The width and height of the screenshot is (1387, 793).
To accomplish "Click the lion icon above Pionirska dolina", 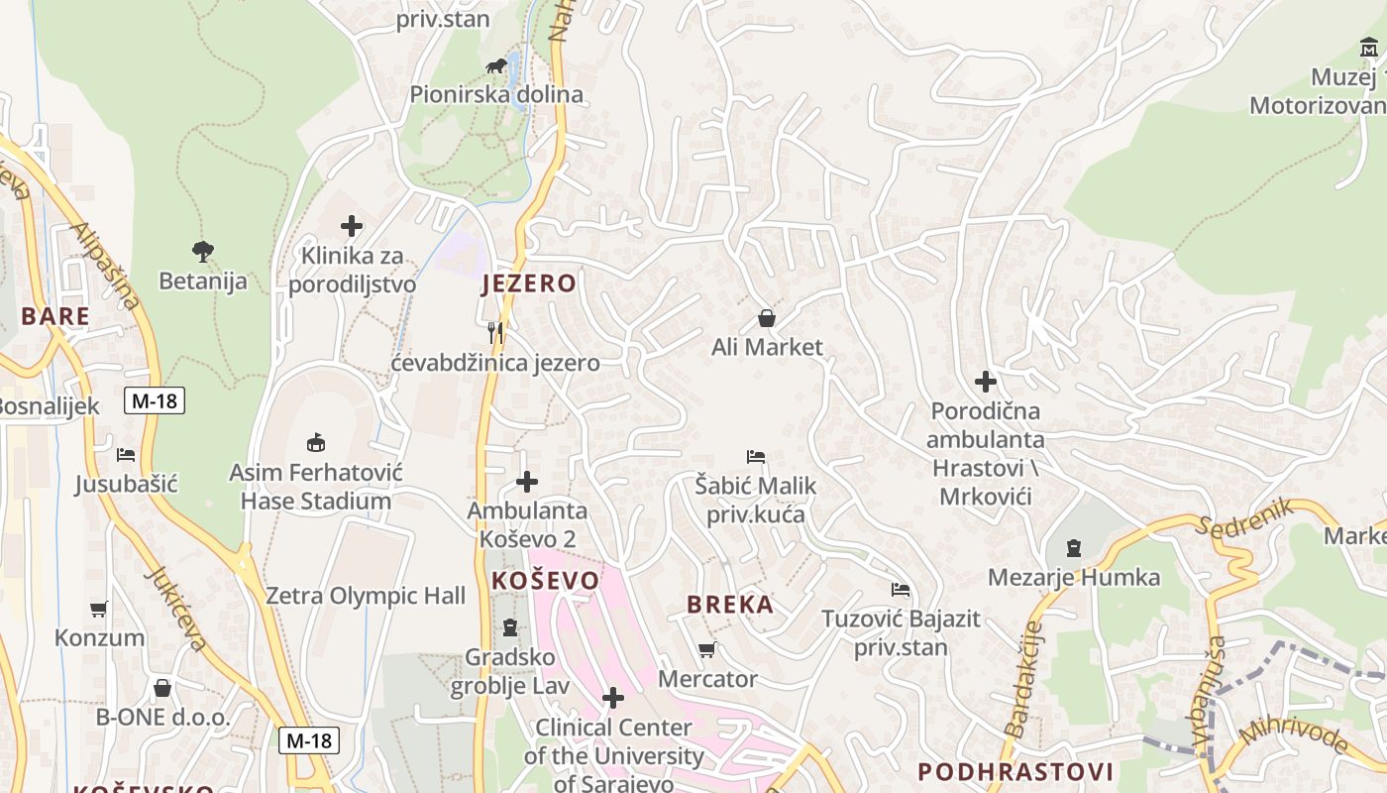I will click(497, 66).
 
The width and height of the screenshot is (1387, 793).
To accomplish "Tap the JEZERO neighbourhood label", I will click(528, 284).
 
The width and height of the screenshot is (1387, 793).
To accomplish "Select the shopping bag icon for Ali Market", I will click(766, 318).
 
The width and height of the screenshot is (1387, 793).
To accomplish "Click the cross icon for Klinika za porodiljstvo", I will click(352, 226).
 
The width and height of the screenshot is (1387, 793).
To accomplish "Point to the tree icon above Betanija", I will click(203, 252).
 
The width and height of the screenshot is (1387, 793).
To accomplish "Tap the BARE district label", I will click(55, 317).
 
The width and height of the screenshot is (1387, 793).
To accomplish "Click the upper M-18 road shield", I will click(155, 400).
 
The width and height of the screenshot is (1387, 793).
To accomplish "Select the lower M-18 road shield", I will click(309, 740).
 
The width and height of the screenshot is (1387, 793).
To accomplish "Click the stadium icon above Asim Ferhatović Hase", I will click(316, 442).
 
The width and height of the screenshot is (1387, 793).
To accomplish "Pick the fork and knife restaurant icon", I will click(495, 333).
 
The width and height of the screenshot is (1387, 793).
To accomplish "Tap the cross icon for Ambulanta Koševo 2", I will click(527, 483).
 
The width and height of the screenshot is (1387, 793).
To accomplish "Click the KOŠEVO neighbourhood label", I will click(546, 581).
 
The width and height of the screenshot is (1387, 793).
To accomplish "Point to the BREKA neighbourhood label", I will click(730, 605).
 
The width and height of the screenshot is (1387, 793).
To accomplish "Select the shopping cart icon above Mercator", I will click(706, 650).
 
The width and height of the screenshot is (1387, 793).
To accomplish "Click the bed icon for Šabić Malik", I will click(756, 457).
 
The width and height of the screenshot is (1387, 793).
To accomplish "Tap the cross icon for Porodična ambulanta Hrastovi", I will click(986, 381).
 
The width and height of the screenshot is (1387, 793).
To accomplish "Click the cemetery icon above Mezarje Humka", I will click(1073, 547).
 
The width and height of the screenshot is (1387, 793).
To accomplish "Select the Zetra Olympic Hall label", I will click(366, 596).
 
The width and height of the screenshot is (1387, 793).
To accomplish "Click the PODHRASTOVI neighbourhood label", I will click(1015, 772).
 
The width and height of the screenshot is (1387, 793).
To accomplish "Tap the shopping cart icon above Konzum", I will click(98, 609).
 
